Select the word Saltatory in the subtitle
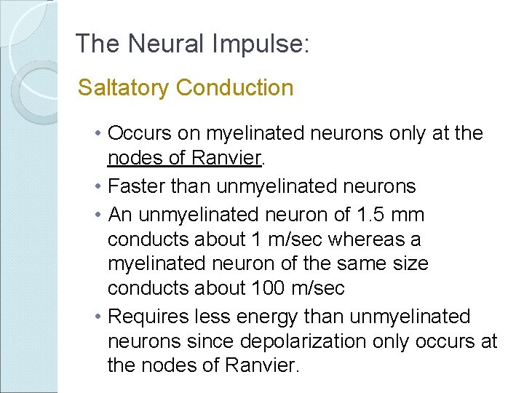click(124, 88)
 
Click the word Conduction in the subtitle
click(234, 88)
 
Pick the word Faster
click(136, 186)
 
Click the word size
click(408, 263)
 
